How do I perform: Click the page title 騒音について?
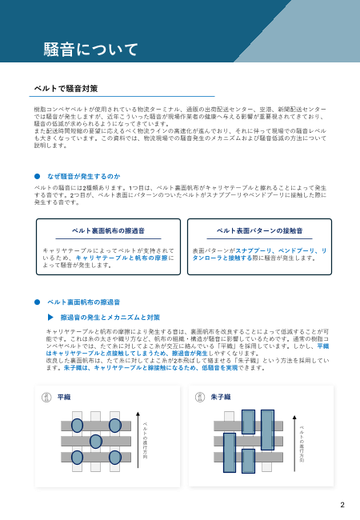[90, 49]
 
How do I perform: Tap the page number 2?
[342, 505]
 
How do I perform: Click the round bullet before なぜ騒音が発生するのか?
[37, 175]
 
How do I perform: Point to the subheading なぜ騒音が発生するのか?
[83, 175]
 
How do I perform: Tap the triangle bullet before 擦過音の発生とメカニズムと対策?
[50, 318]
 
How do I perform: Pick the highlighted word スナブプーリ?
[243, 250]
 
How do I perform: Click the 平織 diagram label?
[63, 397]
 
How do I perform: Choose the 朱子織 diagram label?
[222, 397]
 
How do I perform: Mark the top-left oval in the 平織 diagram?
[78, 424]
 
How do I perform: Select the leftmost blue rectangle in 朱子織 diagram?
[229, 450]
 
